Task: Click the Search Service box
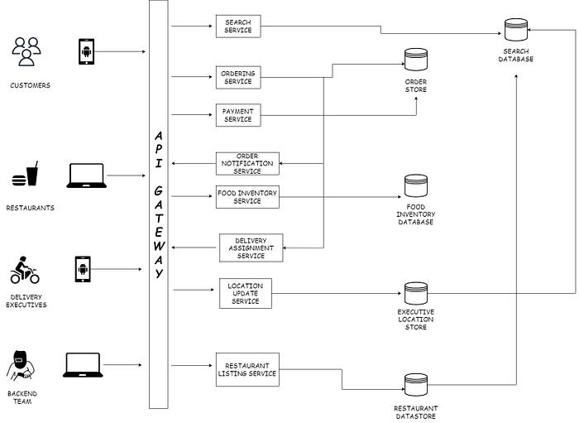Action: coord(238,26)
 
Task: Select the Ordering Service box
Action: coord(238,78)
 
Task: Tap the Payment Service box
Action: coord(238,115)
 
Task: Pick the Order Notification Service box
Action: coord(247,164)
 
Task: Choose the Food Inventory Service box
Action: coord(247,197)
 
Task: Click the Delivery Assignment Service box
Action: coord(251,248)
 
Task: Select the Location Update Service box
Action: coord(246,293)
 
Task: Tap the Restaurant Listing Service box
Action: coord(247,369)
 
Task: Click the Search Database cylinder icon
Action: coord(516,30)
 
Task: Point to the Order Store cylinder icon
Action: coord(416,60)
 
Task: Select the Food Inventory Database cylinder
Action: coord(416,185)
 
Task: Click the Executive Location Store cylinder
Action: coord(416,293)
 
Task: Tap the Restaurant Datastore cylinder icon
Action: coord(416,385)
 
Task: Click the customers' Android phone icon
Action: coord(86,51)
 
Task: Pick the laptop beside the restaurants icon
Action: coord(86,175)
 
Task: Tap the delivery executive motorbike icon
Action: coord(25,270)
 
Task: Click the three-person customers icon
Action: coord(26,51)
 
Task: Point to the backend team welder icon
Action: coord(21,366)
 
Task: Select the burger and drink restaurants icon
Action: coord(25,174)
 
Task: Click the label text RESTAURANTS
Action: coord(31,208)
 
